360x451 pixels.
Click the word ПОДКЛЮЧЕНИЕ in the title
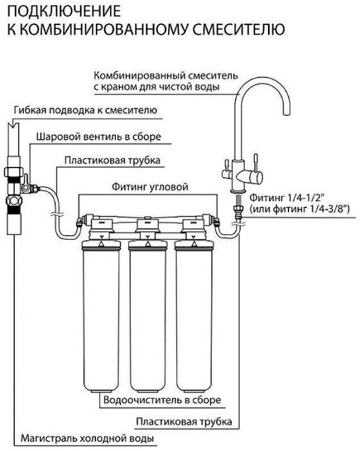point(64,11)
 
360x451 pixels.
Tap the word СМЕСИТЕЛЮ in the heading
point(239,29)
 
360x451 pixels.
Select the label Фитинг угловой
point(150,187)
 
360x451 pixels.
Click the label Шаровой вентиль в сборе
point(99,137)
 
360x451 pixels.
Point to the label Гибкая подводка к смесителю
point(86,110)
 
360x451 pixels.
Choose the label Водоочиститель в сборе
point(162,400)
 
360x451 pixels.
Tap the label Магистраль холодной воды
point(87,439)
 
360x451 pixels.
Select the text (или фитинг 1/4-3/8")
point(299,209)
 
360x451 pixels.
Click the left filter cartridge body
point(100,316)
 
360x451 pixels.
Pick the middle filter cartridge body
point(147,316)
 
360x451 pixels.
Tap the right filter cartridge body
point(194,316)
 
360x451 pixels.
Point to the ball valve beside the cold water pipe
point(28,186)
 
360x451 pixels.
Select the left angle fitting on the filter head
point(79,221)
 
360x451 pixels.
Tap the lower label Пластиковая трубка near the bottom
point(184,422)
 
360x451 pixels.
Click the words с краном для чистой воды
point(156,87)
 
